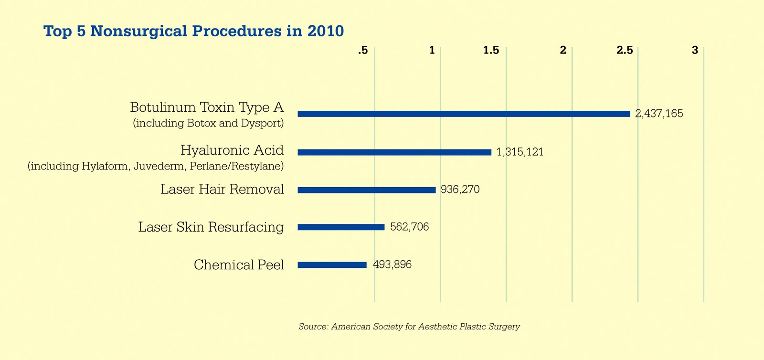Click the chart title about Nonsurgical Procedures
click(193, 31)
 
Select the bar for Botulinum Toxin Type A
click(464, 114)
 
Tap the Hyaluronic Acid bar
click(394, 152)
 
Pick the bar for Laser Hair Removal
click(367, 190)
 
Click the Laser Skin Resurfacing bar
click(341, 227)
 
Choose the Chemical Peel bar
click(332, 265)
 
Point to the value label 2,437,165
click(659, 114)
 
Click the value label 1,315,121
click(520, 152)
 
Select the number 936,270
click(460, 190)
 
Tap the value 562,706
click(409, 227)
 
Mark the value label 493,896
click(392, 265)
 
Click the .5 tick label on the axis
click(363, 50)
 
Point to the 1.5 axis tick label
click(491, 50)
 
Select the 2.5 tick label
click(624, 50)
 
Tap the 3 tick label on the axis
click(695, 50)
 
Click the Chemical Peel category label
click(239, 265)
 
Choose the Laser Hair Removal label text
click(222, 190)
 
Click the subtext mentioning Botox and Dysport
click(208, 123)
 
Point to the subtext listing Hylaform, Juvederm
click(156, 167)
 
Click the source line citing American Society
click(409, 327)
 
